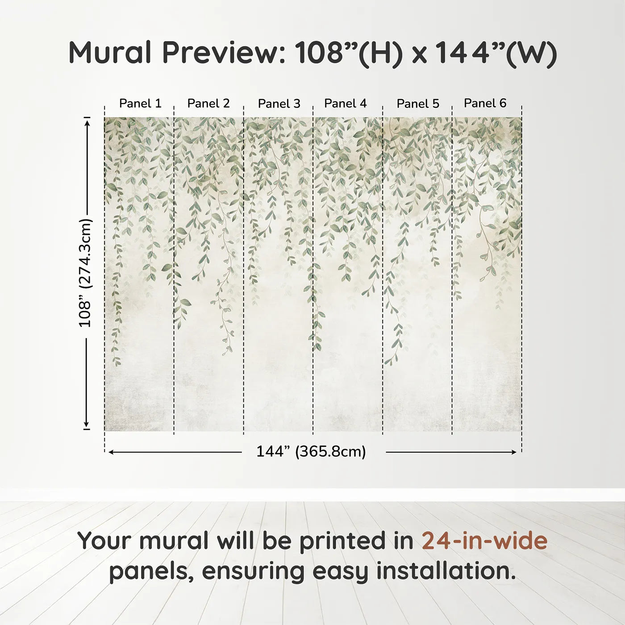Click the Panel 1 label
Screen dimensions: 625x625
[140, 103]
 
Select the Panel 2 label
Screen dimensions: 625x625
[208, 103]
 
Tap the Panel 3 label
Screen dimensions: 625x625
[279, 104]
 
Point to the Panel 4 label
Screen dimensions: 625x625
[346, 103]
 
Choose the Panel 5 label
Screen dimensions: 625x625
[418, 104]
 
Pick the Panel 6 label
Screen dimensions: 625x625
[485, 103]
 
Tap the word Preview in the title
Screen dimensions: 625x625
[223, 53]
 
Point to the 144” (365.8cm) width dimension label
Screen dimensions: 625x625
[311, 451]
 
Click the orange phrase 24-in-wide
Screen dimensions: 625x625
[484, 541]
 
